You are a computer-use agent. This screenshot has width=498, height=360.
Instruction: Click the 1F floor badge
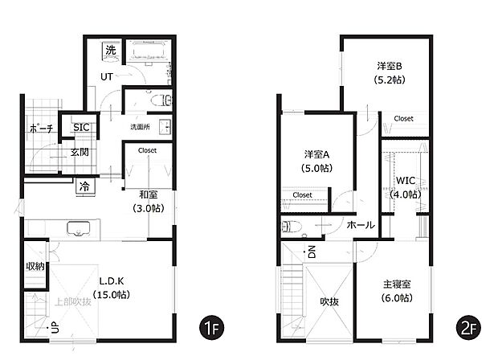[x=210, y=329]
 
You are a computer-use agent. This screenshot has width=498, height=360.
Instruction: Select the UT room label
[x=106, y=77]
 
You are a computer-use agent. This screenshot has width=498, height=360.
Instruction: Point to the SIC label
[x=81, y=127]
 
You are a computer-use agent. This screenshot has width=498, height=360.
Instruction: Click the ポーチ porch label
[x=40, y=129]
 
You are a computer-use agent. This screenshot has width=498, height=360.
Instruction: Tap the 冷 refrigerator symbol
[x=84, y=186]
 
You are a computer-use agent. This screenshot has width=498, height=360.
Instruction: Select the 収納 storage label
[x=34, y=267]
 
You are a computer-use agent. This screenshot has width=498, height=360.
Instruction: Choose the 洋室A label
[x=319, y=153]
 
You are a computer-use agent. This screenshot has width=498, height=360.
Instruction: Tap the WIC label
[x=405, y=181]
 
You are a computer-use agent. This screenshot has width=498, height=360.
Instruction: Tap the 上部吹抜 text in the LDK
[x=71, y=303]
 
